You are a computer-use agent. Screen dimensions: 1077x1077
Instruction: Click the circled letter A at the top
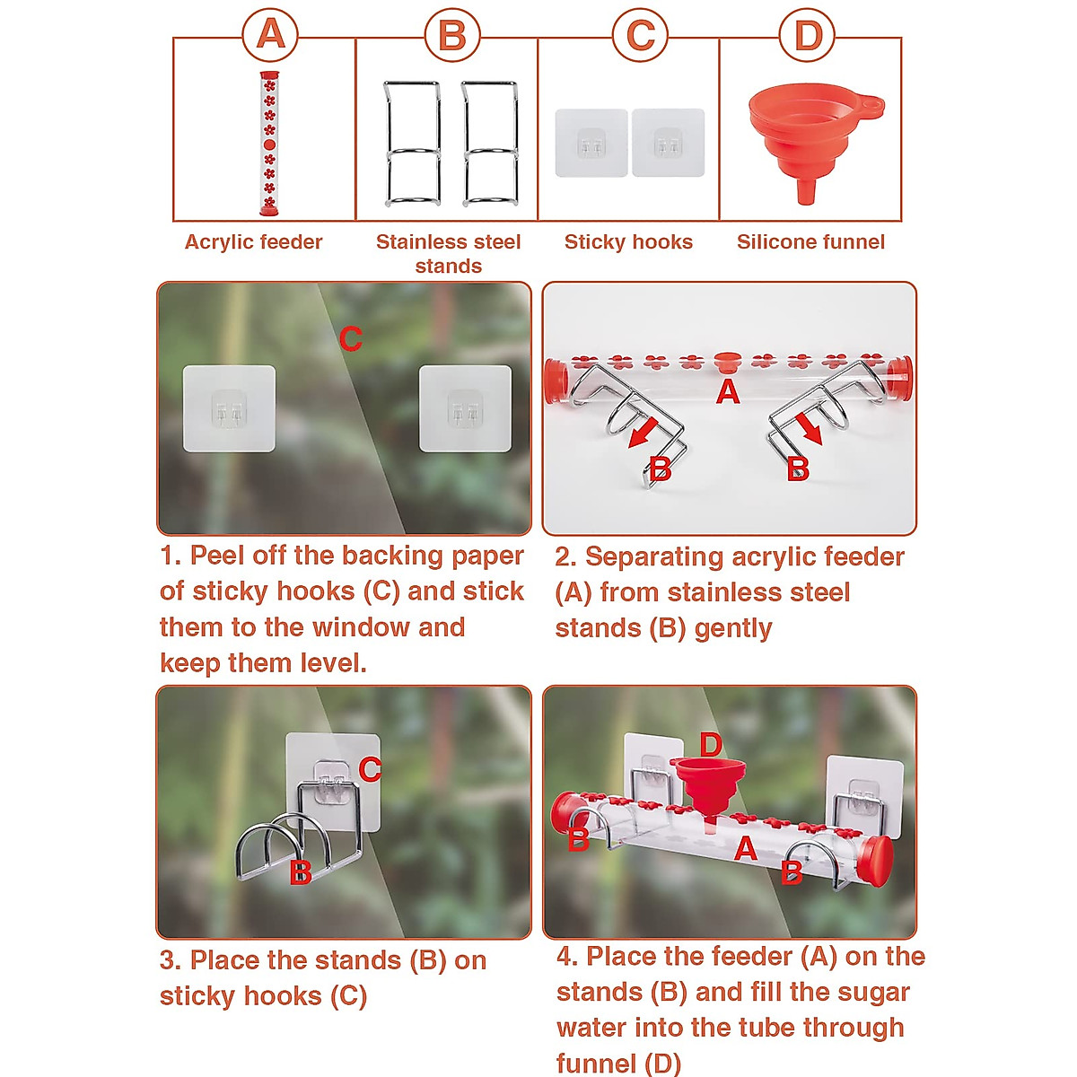click(270, 36)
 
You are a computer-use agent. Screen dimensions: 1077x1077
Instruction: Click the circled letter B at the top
click(452, 36)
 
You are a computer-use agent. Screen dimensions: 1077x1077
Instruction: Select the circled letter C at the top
click(640, 36)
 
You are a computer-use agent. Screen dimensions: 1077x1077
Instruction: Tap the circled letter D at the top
click(808, 36)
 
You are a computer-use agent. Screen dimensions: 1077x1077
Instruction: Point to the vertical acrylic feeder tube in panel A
click(269, 144)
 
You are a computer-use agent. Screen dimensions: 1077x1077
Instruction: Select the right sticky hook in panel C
click(668, 144)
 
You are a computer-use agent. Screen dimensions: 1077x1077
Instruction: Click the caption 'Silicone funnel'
click(810, 241)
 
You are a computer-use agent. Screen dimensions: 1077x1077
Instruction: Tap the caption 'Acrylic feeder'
click(253, 241)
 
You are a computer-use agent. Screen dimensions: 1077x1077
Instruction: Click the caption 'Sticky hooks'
click(628, 241)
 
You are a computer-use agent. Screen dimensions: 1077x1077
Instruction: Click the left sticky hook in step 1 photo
click(229, 408)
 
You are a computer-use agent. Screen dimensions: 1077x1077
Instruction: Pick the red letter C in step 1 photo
click(351, 339)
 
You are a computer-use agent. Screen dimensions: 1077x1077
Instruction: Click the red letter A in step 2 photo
click(728, 391)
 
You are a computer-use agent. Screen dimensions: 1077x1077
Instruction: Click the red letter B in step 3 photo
click(301, 871)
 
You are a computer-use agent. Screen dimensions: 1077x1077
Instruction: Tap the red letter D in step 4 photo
click(710, 744)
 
